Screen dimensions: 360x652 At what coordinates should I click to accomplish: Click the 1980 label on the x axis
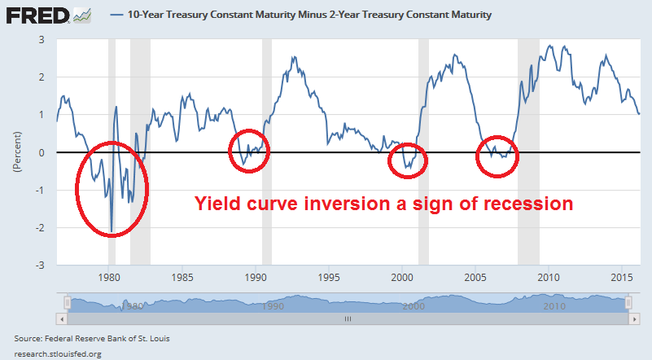[x=108, y=275]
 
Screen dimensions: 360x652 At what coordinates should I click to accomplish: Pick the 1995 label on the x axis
[x=329, y=275]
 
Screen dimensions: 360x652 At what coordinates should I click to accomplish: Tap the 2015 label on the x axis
[x=623, y=275]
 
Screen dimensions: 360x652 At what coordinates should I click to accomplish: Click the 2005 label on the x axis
[x=475, y=275]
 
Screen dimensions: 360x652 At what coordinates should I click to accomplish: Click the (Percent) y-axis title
[x=16, y=151]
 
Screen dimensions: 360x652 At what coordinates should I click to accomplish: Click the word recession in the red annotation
[x=521, y=204]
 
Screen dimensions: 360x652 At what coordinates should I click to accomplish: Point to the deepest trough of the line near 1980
[x=112, y=230]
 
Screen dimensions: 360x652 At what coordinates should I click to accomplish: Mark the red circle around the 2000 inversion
[x=407, y=158]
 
